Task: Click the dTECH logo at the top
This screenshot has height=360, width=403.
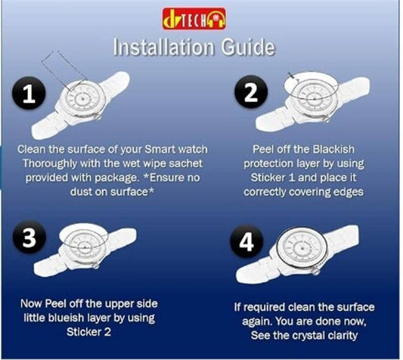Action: [194, 18]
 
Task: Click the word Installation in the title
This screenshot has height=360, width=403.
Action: [163, 47]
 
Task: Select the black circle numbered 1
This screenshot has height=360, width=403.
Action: [29, 94]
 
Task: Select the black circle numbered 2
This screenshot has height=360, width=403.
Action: [251, 92]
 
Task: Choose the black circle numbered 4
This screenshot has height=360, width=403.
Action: [246, 242]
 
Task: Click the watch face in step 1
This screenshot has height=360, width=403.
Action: [82, 99]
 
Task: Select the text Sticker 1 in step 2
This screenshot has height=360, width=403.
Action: [273, 178]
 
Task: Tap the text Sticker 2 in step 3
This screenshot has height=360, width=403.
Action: [88, 332]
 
